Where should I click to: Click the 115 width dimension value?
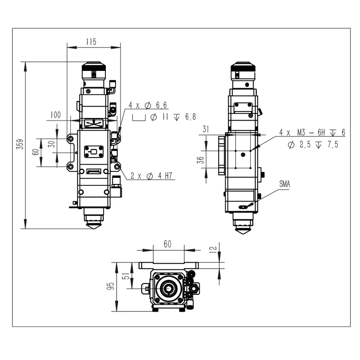(91, 42)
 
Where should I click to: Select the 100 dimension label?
(55, 115)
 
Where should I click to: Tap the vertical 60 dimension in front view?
(35, 152)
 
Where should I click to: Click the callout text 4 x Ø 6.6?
(148, 105)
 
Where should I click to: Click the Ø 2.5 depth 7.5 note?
(313, 145)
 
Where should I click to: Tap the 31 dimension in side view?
(206, 129)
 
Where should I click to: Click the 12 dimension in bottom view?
(213, 248)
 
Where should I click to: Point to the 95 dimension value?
(111, 286)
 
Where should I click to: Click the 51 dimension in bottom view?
(127, 276)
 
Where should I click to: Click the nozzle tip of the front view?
(94, 226)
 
